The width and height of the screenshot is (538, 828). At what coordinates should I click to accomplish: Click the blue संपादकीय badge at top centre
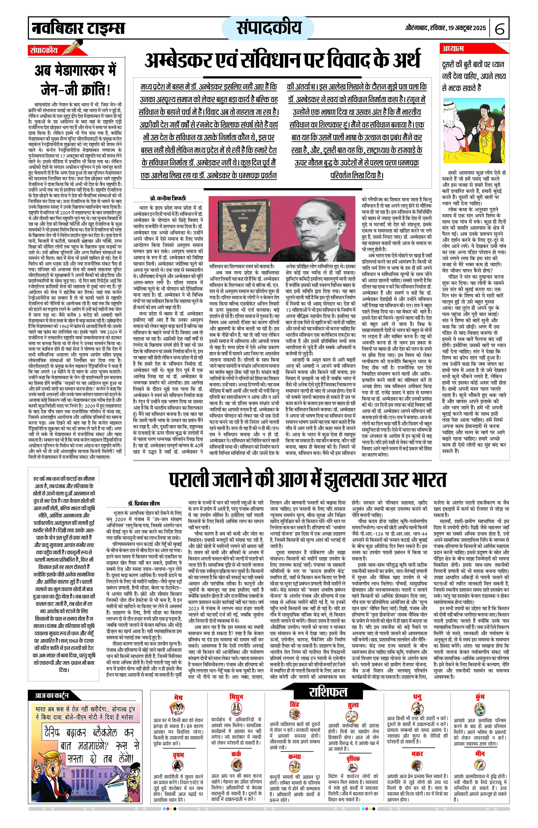point(269,28)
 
